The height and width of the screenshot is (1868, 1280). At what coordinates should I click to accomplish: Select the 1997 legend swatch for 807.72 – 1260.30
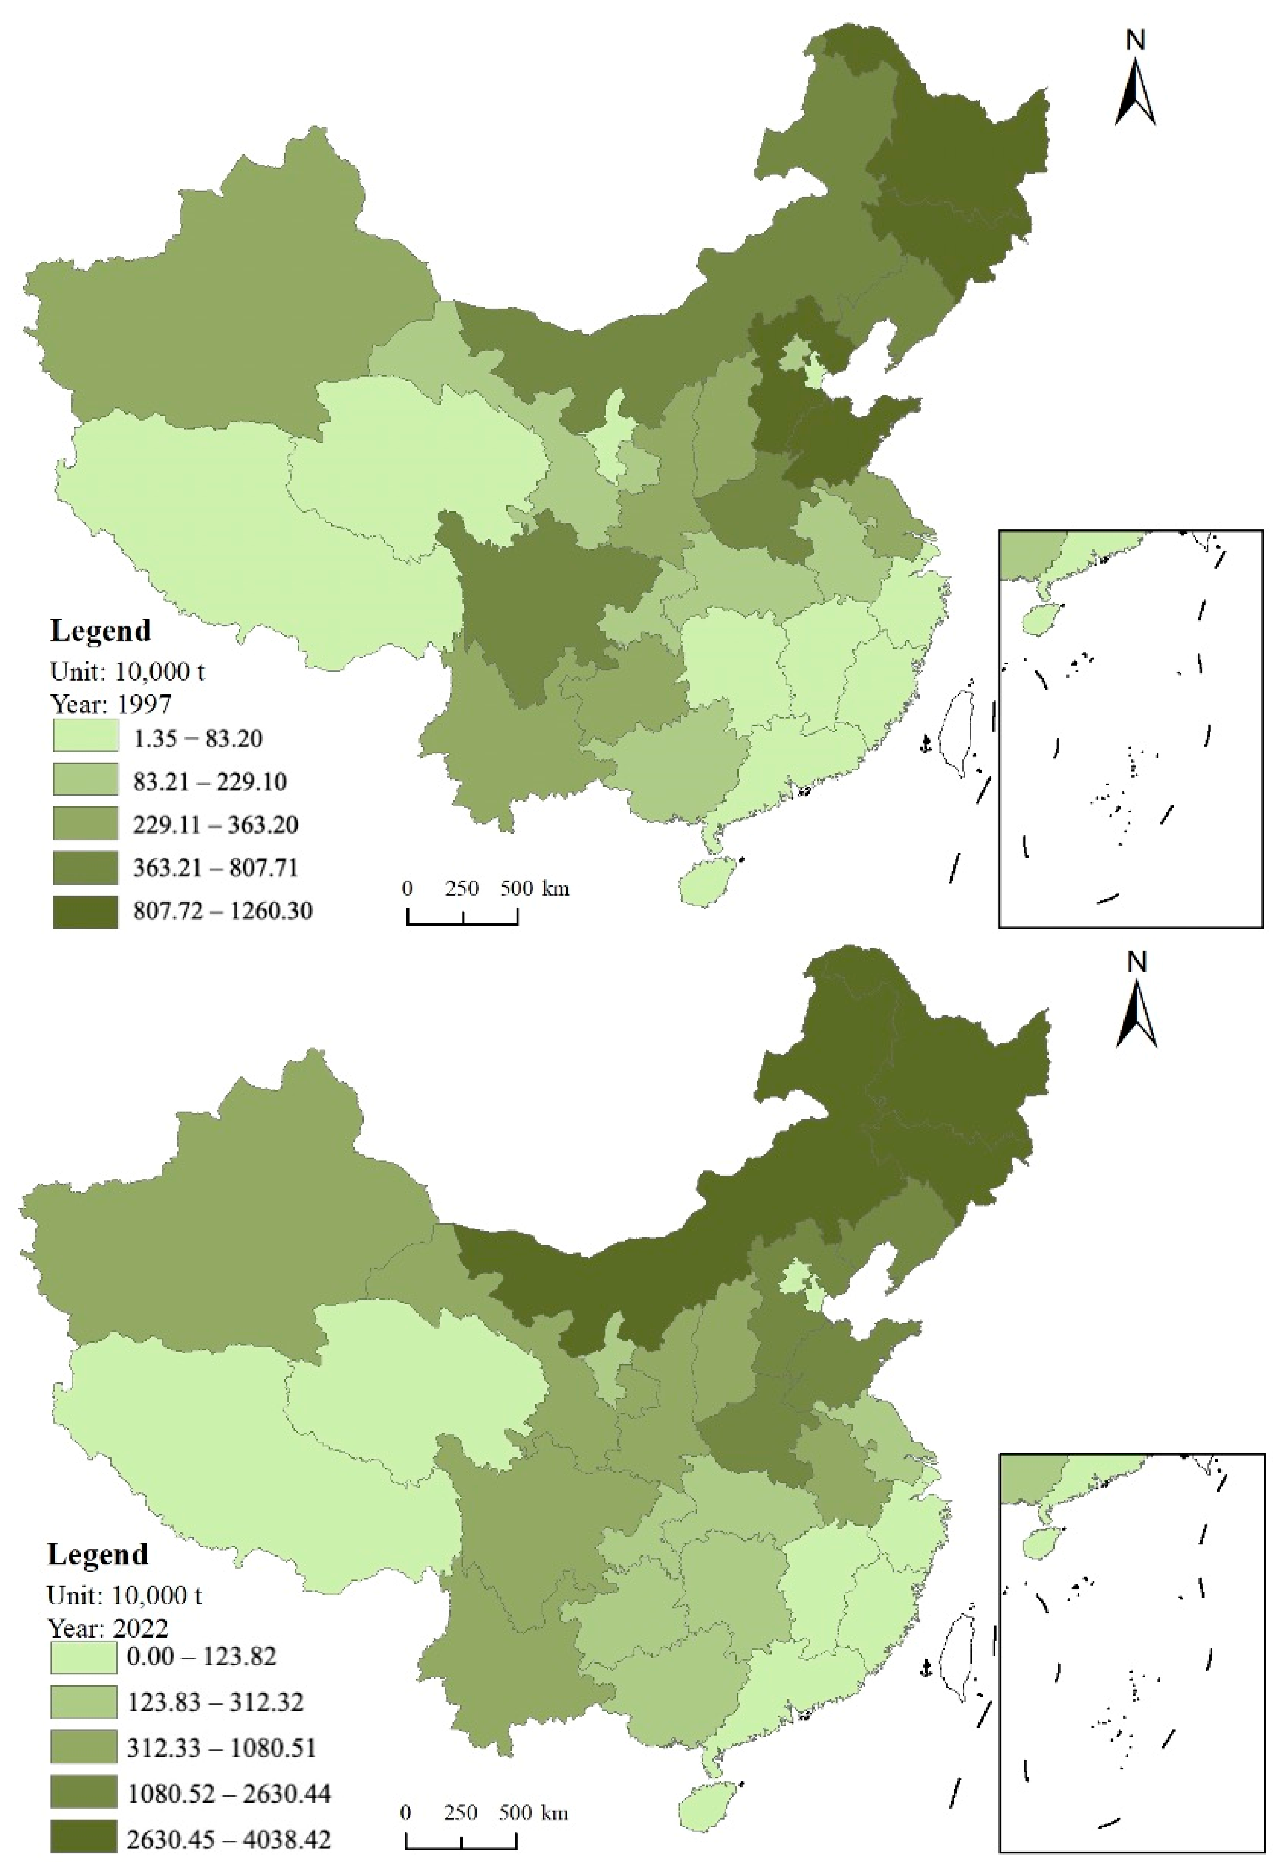coord(85,912)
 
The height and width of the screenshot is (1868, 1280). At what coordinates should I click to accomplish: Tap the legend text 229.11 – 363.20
coord(216,825)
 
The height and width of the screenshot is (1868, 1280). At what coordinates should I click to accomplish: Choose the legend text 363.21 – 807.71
coord(216,868)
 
